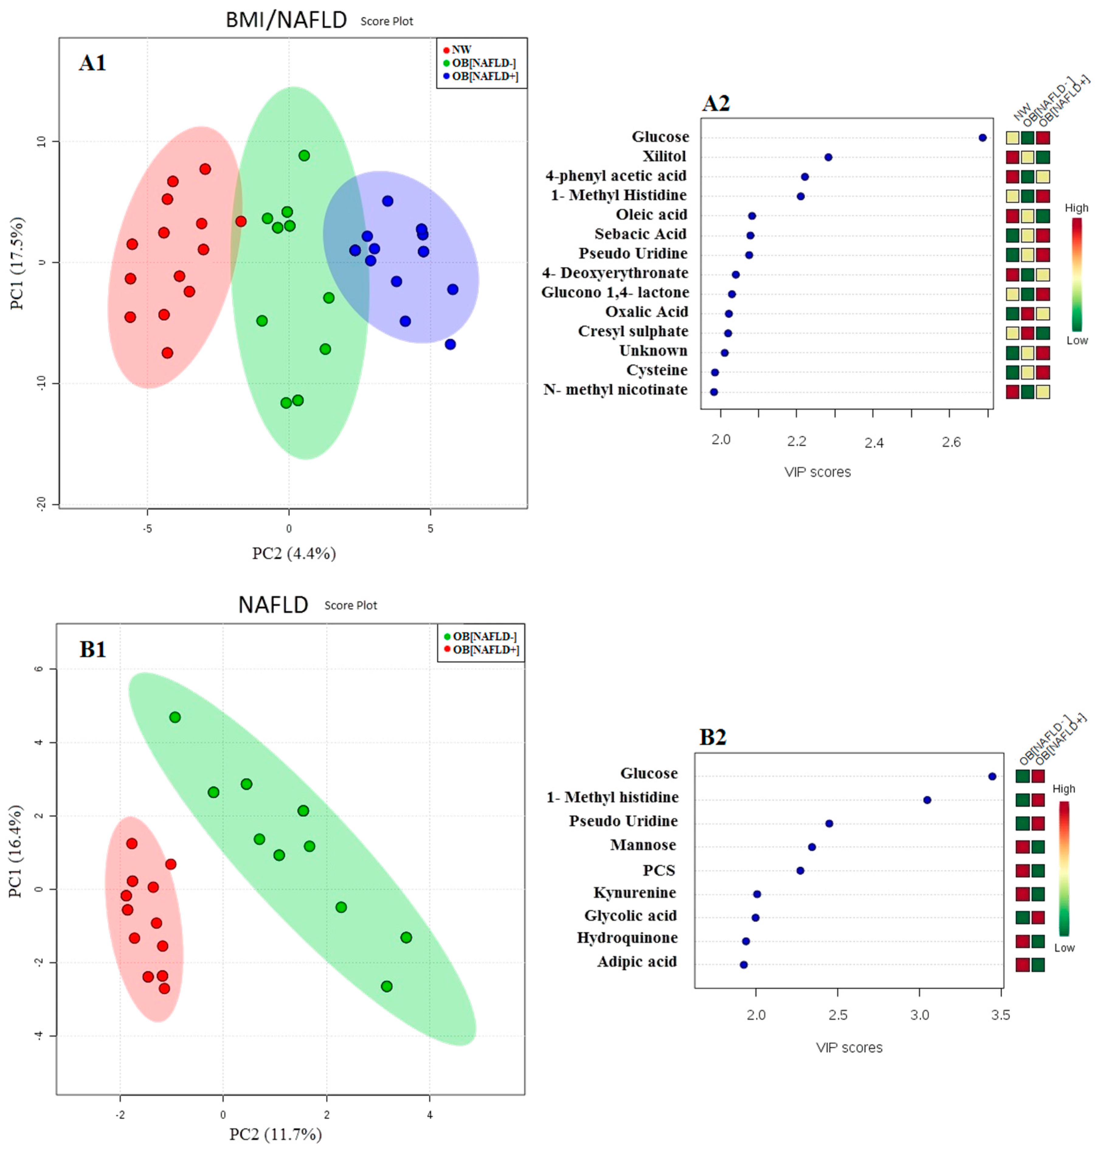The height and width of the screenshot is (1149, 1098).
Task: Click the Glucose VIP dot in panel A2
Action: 983,138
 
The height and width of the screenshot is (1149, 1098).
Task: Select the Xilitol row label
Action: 664,156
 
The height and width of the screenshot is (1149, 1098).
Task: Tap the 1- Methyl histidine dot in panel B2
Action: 927,800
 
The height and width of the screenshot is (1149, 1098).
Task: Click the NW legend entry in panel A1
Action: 461,50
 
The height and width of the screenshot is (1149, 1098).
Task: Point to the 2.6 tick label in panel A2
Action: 951,442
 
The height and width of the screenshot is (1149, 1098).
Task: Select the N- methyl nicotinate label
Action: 615,390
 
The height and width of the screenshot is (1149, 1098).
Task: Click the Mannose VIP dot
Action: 812,847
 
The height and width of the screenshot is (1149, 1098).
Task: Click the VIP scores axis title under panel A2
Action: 818,472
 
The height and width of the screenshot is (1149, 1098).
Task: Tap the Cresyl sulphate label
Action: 633,332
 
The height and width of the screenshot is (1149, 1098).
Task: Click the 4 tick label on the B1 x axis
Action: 430,1115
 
